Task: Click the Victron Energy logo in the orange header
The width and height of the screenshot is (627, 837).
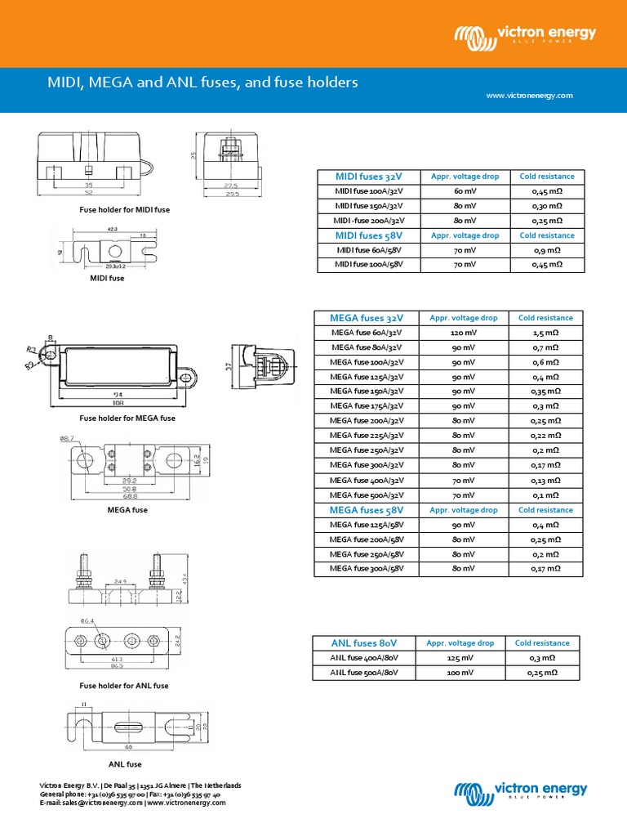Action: coord(526,35)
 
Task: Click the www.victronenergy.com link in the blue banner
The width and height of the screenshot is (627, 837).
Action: coord(529,96)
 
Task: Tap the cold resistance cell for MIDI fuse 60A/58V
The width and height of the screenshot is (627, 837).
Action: coord(546,250)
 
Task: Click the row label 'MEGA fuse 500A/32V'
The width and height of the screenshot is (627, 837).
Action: coord(367,495)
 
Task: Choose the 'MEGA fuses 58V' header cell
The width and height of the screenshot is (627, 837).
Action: coord(367,510)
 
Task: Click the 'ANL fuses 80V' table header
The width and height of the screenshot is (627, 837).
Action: coord(365,643)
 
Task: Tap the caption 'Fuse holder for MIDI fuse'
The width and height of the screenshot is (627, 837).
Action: coord(124,210)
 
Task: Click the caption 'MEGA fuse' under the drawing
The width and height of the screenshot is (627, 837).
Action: coord(127,510)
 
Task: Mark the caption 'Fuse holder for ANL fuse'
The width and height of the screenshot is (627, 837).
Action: coord(123,686)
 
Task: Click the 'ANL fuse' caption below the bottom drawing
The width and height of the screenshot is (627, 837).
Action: coord(125,764)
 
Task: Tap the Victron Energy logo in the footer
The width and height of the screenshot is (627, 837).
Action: coord(520,790)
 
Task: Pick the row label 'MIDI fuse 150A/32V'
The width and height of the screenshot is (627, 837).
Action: coord(367,206)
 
